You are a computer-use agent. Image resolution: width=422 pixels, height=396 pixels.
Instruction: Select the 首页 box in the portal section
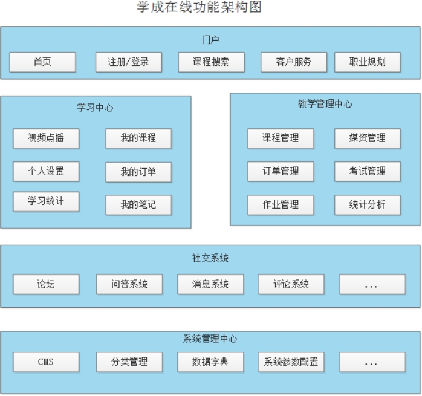point(42,62)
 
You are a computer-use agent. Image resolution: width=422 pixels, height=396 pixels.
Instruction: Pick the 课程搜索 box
point(211,62)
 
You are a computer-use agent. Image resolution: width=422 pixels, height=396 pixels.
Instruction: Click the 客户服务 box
point(293,62)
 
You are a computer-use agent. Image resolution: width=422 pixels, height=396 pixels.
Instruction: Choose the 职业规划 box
point(368,62)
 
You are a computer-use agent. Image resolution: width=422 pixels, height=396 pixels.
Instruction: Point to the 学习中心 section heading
point(95,108)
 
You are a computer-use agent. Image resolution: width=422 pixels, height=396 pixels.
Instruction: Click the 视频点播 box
point(46,138)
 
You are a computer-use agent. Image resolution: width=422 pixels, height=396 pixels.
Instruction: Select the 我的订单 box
point(138,172)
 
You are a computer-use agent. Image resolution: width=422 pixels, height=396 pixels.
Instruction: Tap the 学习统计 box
point(46,201)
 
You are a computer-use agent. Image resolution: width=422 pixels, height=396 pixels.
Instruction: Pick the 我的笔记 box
point(138,205)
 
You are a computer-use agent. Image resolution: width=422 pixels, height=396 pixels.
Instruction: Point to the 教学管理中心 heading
point(325,104)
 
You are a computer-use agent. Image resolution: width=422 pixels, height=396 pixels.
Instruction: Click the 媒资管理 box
point(368,138)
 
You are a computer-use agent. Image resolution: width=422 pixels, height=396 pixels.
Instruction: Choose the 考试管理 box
point(368,172)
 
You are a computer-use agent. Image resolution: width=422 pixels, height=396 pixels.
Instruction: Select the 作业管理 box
point(281,205)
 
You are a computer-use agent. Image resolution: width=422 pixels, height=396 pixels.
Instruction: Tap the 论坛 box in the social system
point(46,284)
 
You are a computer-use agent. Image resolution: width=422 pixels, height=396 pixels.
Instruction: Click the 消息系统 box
point(210,284)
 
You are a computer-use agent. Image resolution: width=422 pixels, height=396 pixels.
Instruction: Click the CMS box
point(46,362)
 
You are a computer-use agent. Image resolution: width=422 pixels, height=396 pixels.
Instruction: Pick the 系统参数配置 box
point(291,362)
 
